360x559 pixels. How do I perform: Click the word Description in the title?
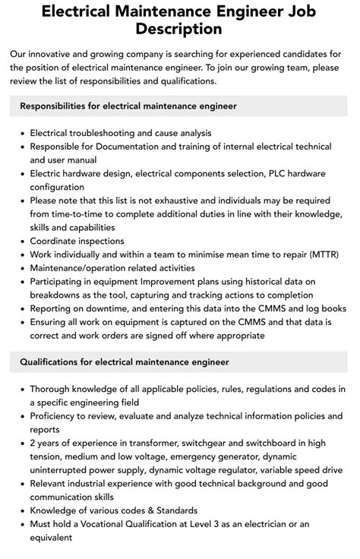180,29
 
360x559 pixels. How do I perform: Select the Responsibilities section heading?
128,106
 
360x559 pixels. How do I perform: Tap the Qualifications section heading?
125,362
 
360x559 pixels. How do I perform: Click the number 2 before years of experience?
33,443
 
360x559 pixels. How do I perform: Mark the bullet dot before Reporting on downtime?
22,309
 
